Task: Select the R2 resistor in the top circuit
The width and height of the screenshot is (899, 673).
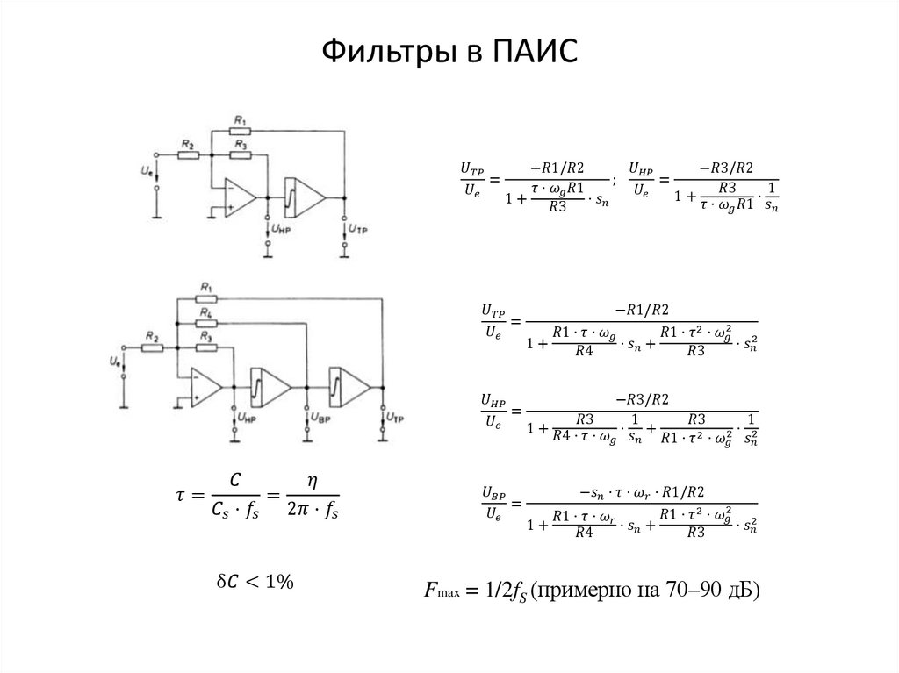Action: (x=188, y=155)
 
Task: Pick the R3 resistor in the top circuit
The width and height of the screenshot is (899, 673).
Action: (x=241, y=155)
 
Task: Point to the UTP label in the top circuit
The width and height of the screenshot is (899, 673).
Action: (x=358, y=228)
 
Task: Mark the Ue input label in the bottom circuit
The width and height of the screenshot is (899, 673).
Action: (x=114, y=360)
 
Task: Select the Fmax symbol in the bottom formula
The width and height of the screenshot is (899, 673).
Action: (x=436, y=592)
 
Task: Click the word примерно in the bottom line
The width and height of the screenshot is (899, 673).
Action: (x=579, y=591)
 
